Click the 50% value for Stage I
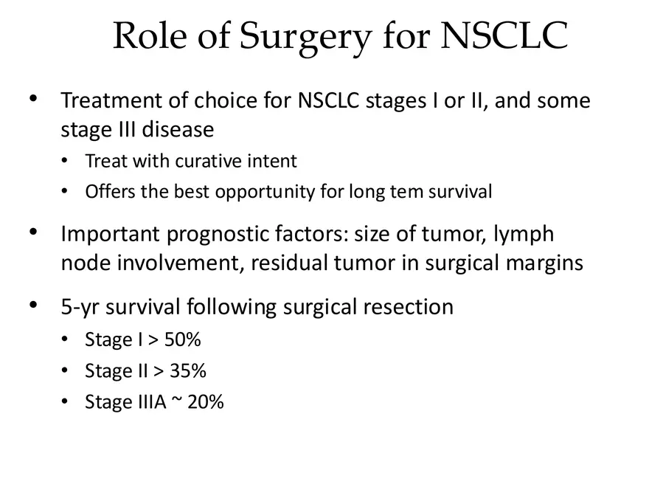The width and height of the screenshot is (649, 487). pyautogui.click(x=182, y=340)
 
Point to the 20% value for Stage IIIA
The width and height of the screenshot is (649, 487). pyautogui.click(x=205, y=402)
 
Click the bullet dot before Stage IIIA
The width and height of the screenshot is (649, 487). pyautogui.click(x=66, y=402)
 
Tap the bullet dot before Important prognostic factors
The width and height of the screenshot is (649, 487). pyautogui.click(x=33, y=233)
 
